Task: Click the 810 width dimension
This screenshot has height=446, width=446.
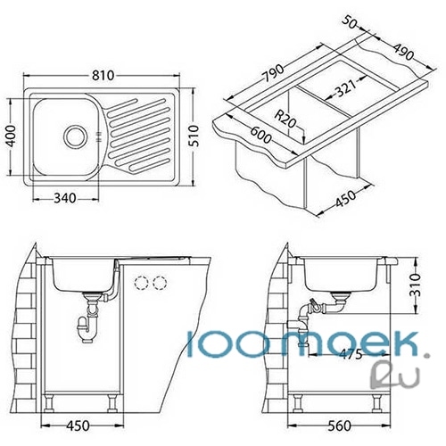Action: pos(103,76)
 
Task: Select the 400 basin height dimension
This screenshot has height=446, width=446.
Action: pos(12,136)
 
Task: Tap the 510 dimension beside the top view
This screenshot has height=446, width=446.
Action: pos(194,136)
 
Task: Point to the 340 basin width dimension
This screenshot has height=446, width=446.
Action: pos(65,198)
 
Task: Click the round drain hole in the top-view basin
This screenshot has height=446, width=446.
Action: pos(75,136)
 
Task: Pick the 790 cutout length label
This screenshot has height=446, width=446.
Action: pos(275,73)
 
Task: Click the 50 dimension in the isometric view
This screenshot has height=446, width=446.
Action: pos(349,22)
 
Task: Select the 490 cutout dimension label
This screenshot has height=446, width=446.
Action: pos(403,52)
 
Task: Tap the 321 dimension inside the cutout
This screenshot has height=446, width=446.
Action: pos(346,88)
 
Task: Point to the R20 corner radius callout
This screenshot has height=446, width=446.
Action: pos(285,119)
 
